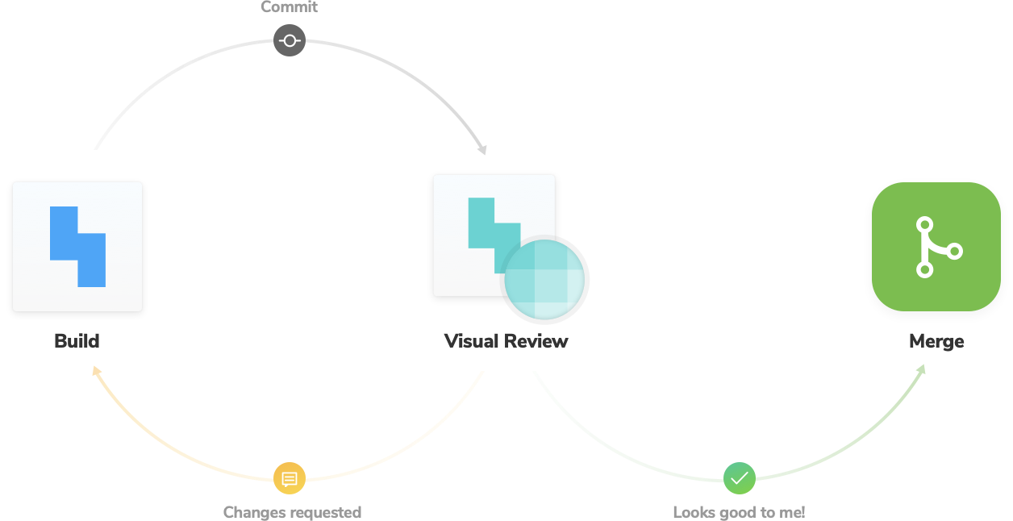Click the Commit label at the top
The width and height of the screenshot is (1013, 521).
[x=290, y=7]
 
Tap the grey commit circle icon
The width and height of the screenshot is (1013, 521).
[x=290, y=40]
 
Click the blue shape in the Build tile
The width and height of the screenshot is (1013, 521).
[x=77, y=247]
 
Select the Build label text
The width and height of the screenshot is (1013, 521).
[x=77, y=341]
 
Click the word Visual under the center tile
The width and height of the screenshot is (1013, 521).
[x=470, y=341]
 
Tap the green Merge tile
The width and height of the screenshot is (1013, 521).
[x=936, y=247]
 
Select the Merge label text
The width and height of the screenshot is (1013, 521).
[x=936, y=341]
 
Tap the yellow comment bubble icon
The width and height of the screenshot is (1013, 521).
[x=290, y=479]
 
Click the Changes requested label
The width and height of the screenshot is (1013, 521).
[x=292, y=512]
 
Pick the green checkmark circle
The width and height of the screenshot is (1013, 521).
[x=739, y=479]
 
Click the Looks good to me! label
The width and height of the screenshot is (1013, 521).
[x=738, y=512]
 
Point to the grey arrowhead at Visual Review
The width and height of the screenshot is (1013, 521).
[x=482, y=149]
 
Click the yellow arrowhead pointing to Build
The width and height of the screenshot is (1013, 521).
[x=97, y=371]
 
